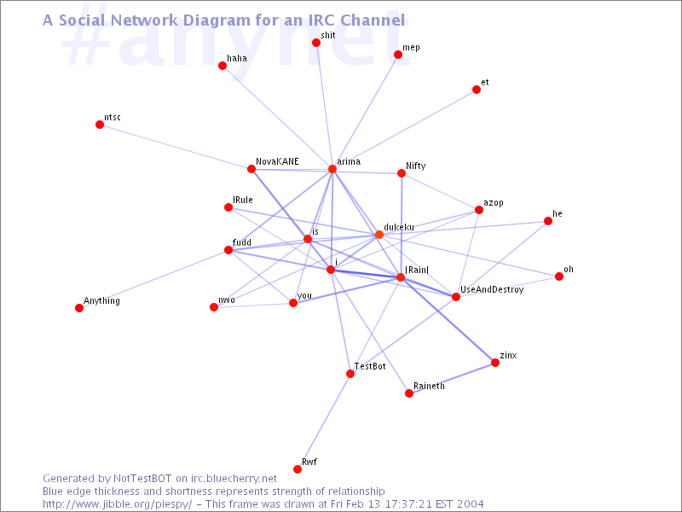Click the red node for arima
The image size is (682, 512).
(x=332, y=169)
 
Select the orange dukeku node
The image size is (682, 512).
(x=379, y=235)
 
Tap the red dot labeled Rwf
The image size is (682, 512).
(x=298, y=468)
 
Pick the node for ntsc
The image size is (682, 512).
(x=100, y=125)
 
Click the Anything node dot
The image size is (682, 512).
(x=79, y=308)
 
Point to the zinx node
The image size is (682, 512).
(x=495, y=362)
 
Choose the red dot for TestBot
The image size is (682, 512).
(x=350, y=374)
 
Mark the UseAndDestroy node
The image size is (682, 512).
(x=456, y=297)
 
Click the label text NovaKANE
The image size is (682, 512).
(x=277, y=161)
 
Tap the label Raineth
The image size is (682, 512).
(x=429, y=386)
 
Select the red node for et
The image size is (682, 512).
(x=477, y=90)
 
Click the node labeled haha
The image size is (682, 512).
(x=223, y=66)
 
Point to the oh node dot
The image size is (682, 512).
(x=559, y=276)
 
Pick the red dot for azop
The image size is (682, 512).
(x=479, y=210)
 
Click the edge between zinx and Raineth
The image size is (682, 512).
(x=452, y=378)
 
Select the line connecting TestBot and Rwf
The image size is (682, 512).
(x=324, y=422)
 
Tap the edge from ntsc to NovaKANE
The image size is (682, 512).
(x=176, y=147)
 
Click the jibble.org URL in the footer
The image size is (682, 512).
(x=117, y=504)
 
